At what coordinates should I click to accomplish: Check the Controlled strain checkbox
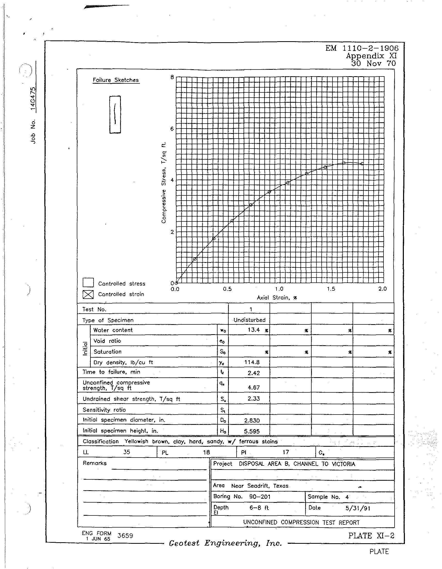point(88,294)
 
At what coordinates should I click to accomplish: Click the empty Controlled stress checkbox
point(88,283)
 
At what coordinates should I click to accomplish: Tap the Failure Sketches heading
point(116,80)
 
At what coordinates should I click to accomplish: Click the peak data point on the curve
point(344,163)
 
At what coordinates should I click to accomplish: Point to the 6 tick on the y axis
point(172,129)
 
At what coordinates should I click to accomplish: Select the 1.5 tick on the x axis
point(331,289)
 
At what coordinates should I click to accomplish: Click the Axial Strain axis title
point(277,298)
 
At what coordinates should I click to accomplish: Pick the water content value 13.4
point(254,330)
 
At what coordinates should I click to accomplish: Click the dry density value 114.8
point(252,363)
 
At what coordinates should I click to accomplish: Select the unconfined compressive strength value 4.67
point(254,387)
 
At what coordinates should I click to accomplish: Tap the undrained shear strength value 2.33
point(254,399)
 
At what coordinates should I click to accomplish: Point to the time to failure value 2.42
point(254,373)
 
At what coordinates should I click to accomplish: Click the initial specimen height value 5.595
point(252,431)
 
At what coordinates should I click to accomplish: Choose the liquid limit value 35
point(127,452)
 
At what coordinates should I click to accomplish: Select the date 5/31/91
point(358,508)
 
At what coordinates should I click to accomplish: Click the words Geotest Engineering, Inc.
point(225,543)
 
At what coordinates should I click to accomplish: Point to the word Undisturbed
point(249,320)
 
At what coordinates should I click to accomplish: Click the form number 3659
point(125,536)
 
